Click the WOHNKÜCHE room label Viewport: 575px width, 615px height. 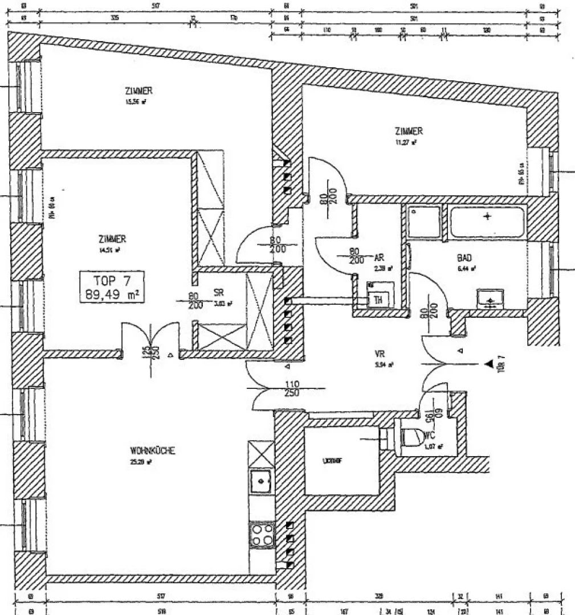point(152,451)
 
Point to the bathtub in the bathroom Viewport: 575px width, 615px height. point(487,222)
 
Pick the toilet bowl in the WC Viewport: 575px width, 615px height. point(410,438)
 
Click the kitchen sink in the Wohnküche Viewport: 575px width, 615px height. point(261,482)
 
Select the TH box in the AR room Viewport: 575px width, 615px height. point(377,299)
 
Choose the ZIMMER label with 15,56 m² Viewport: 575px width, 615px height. point(138,91)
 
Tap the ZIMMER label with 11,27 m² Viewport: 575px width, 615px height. point(409,131)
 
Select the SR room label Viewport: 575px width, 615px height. point(218,292)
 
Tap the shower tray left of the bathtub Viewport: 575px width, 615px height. point(423,222)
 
